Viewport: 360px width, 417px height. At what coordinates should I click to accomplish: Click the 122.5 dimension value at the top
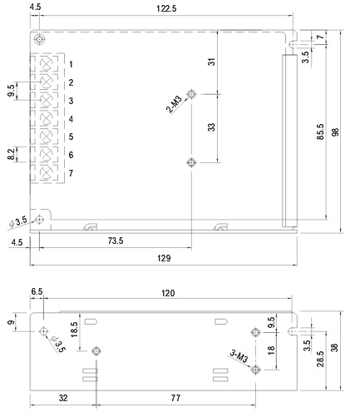click(166, 8)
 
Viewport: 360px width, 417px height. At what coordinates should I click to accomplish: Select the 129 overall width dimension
click(164, 258)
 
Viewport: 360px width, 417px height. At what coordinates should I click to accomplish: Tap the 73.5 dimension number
click(116, 241)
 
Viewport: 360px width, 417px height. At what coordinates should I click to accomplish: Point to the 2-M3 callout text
click(174, 104)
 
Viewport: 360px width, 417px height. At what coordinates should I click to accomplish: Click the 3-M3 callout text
click(239, 356)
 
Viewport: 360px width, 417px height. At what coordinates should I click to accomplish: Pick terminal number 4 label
click(71, 119)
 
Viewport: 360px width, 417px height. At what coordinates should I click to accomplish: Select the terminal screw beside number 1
click(46, 64)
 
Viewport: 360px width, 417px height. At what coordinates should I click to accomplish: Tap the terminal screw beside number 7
click(46, 173)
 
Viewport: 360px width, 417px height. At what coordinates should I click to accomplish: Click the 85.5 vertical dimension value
click(320, 132)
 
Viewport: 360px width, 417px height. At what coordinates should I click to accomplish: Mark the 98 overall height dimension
click(335, 132)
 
